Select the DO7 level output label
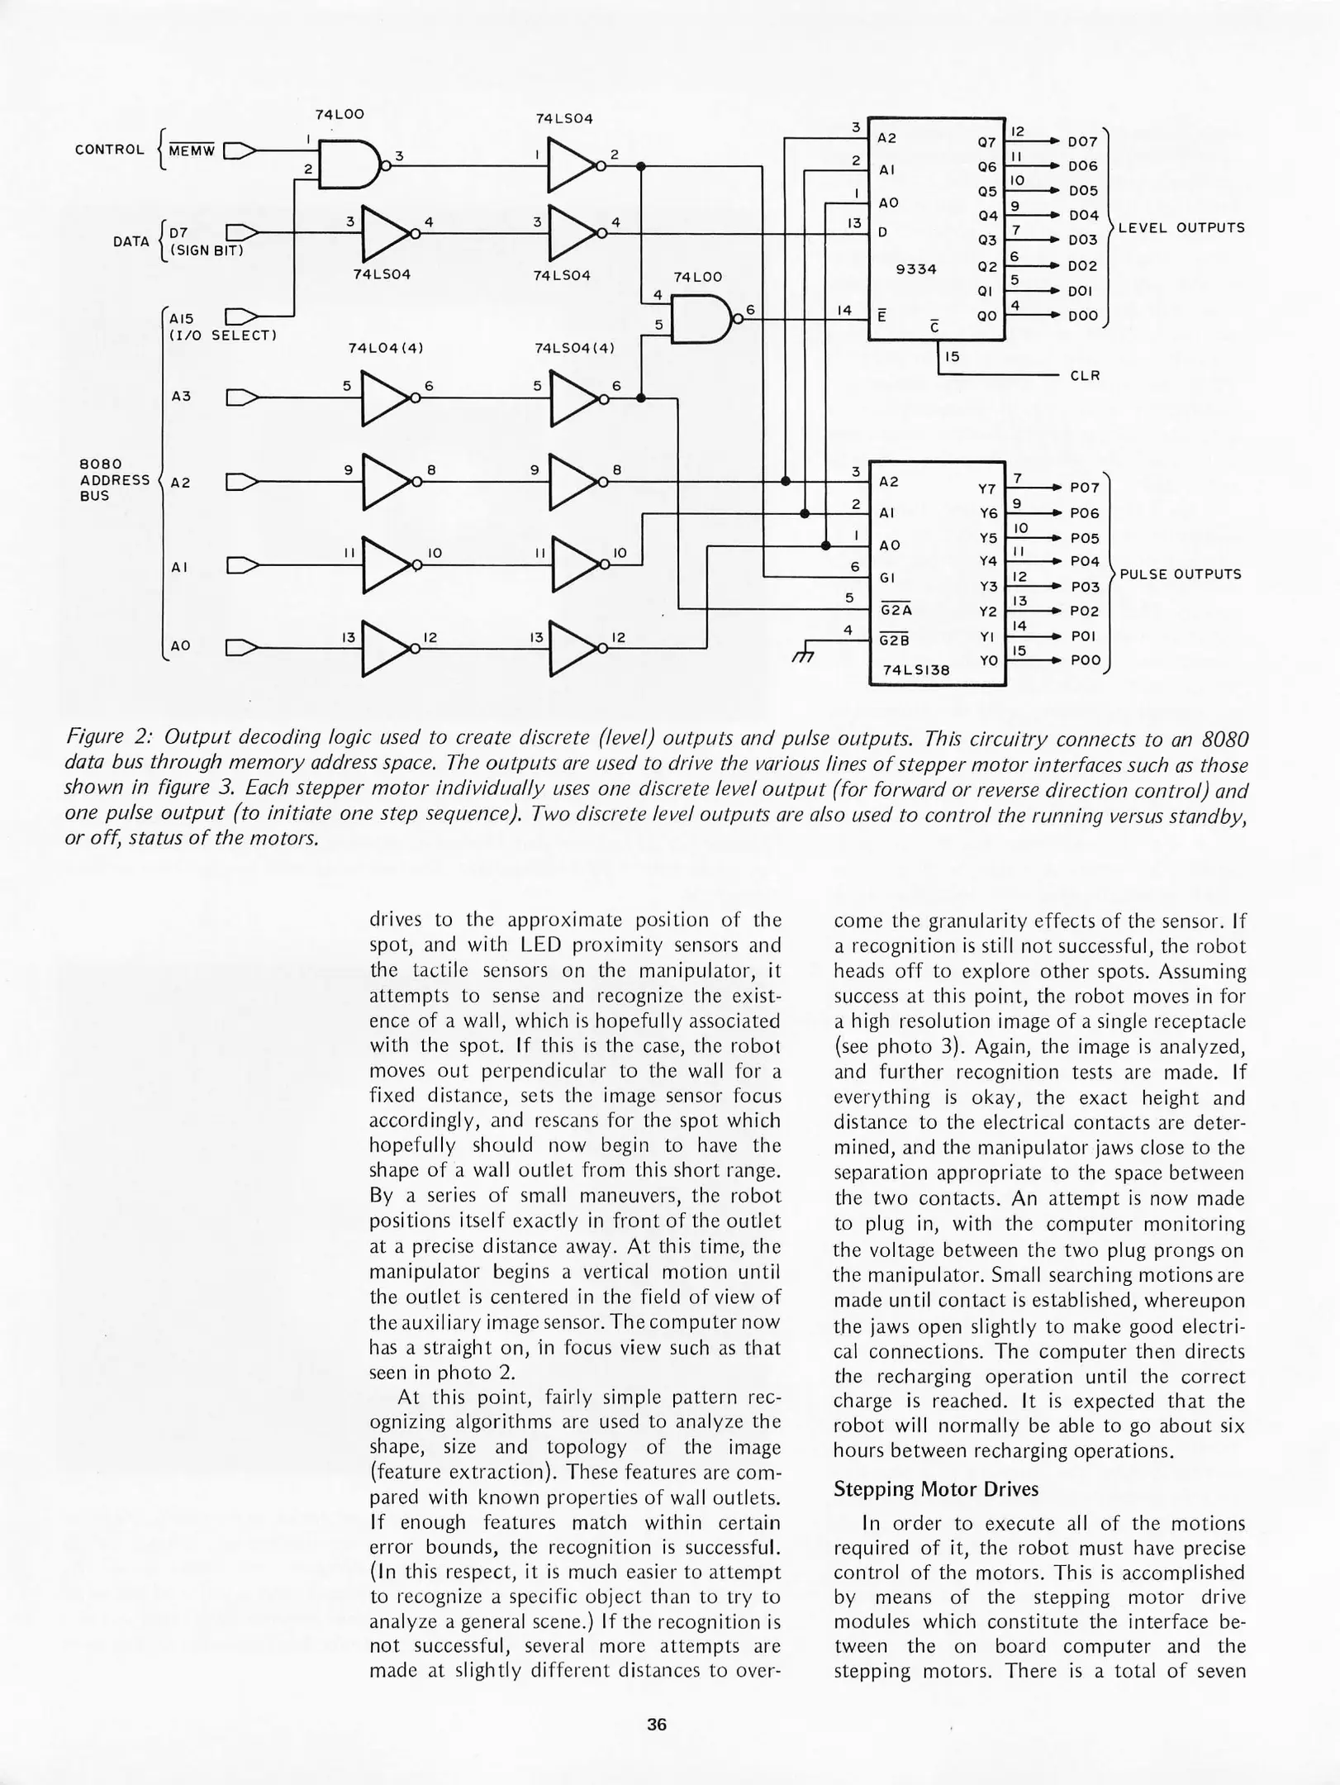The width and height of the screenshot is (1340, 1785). pos(1083,143)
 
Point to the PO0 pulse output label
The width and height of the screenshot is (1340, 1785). pos(1085,661)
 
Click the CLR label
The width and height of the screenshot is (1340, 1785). pos(1085,376)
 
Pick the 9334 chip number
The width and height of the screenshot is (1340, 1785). pos(915,269)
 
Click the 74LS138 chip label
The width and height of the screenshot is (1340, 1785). pos(915,671)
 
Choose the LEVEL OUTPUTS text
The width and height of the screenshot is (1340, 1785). pos(1181,228)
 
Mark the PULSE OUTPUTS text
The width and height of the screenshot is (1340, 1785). pos(1180,574)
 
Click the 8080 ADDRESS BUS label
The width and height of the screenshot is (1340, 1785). pos(114,479)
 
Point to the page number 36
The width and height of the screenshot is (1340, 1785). pos(657,1725)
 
